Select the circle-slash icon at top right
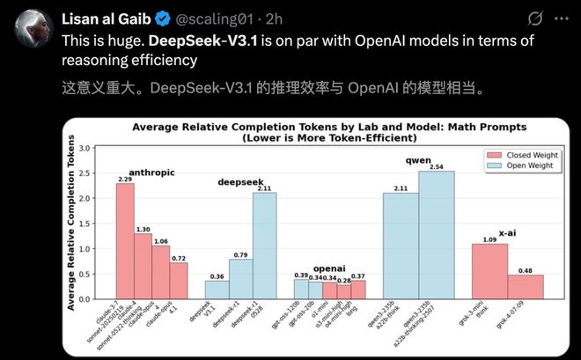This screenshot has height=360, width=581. pyautogui.click(x=534, y=18)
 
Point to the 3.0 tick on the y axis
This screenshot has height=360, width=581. pyautogui.click(x=85, y=148)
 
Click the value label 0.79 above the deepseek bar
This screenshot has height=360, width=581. pyautogui.click(x=240, y=255)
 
